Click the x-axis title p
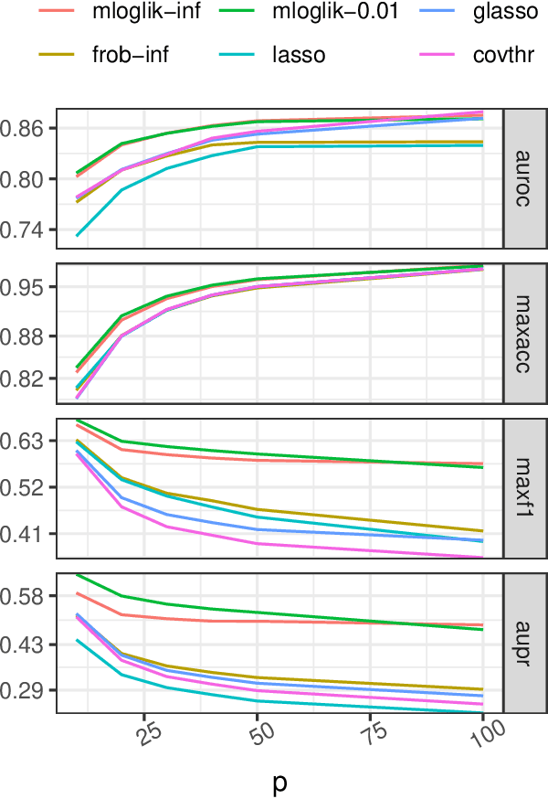tap(279, 782)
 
